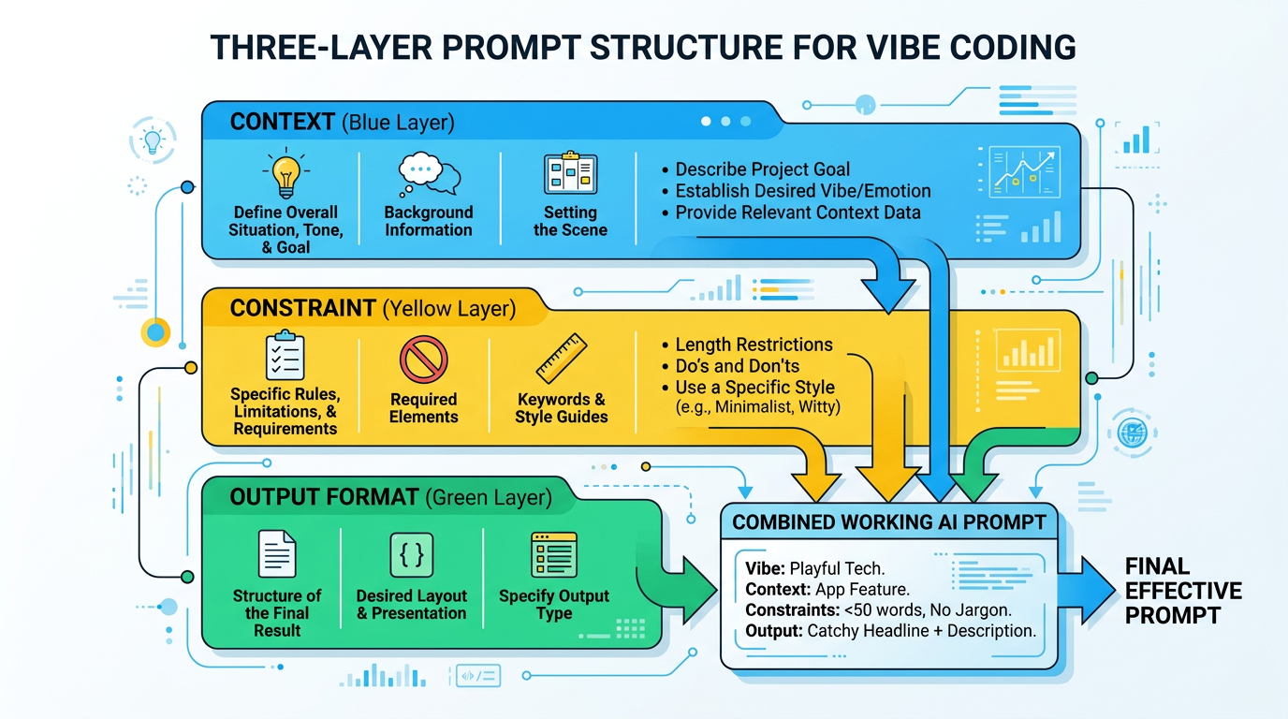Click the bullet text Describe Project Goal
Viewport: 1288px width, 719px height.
762,169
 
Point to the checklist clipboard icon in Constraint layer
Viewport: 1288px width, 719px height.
285,356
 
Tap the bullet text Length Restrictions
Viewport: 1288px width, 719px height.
754,345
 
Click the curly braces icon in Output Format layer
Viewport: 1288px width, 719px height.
411,554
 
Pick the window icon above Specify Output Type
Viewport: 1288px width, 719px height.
553,554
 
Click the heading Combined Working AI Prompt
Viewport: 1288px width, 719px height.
888,522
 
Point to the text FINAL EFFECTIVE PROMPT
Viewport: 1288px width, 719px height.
1182,591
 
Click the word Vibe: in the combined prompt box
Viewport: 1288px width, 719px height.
765,568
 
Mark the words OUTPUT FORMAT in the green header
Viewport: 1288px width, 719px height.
323,498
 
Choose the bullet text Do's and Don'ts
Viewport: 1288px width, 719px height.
737,366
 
